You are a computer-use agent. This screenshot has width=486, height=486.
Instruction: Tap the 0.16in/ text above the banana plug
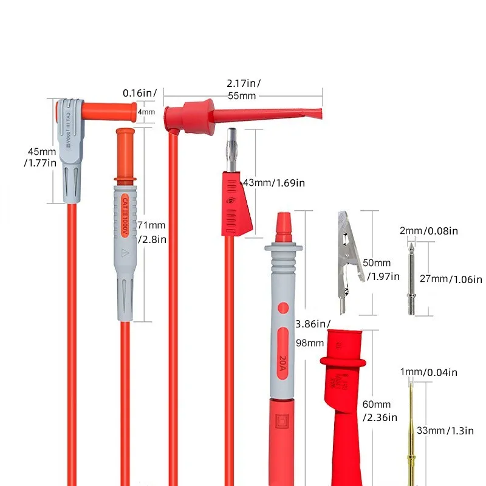tap(140, 93)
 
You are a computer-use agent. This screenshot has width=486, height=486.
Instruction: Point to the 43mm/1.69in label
tap(273, 182)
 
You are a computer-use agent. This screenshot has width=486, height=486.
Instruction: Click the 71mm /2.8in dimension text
tap(152, 231)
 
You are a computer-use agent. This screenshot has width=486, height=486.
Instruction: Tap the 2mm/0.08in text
tap(428, 231)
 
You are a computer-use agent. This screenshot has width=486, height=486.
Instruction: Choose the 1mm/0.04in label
tap(428, 372)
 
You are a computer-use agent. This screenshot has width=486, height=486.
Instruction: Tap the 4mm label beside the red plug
tap(146, 112)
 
